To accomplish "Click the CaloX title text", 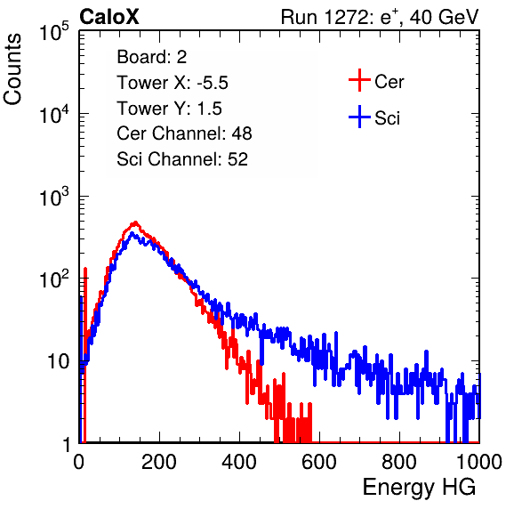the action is [x=109, y=17].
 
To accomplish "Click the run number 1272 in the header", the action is [x=344, y=17].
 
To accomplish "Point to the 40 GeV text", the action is [x=444, y=17].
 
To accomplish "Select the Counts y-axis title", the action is [x=12, y=69].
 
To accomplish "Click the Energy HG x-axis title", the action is [x=419, y=488].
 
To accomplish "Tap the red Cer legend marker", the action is [x=359, y=80].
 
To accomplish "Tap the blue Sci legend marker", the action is [x=359, y=117].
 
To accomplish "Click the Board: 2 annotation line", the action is [x=152, y=57].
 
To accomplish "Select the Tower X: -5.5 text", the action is [x=173, y=83].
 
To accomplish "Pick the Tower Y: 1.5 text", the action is [x=169, y=109].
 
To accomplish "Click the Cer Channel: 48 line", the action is [x=184, y=133].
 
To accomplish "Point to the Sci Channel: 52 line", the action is [x=182, y=159].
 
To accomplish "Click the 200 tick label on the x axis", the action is [x=159, y=462].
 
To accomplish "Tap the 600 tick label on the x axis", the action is [x=319, y=462].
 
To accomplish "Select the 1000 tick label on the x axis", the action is [x=479, y=462].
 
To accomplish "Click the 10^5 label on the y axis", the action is [x=54, y=31].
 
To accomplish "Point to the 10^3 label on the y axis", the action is [x=54, y=197].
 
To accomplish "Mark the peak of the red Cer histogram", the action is [x=135, y=222].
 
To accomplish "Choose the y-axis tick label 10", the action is [x=59, y=361].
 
